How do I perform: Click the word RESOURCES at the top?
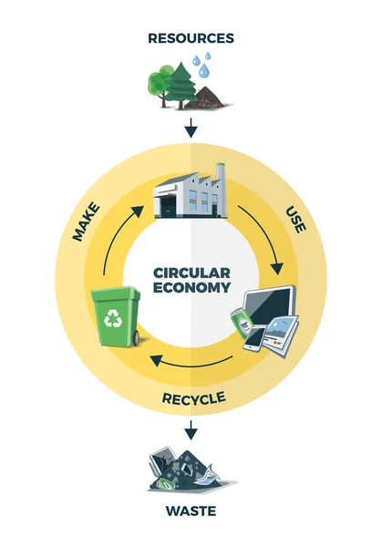coord(191,38)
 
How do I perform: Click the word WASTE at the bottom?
coord(191,511)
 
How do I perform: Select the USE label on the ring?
coord(295,219)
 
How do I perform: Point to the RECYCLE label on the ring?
coord(192,397)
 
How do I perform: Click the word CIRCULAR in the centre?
coord(191,273)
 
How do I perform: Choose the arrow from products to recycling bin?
coord(191,360)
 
